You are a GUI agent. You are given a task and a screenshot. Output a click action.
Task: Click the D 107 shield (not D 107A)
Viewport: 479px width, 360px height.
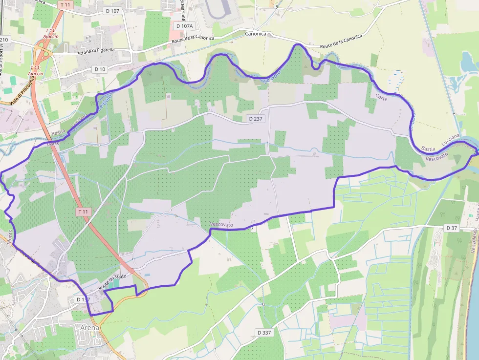pos(112,11)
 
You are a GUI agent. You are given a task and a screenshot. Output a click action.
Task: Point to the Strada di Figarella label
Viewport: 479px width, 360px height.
pos(96,50)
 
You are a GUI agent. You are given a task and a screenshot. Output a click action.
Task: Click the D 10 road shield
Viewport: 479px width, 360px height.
pos(100,69)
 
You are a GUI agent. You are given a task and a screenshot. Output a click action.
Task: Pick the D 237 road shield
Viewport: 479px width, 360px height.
pos(256,119)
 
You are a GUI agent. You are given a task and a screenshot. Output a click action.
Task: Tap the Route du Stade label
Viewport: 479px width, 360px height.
pos(112,282)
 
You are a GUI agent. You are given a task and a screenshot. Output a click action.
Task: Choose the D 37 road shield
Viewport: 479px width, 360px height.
pos(451,228)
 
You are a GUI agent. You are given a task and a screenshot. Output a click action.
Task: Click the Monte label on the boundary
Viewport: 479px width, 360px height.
pos(10,238)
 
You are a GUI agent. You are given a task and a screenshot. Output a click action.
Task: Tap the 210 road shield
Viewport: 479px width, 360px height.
pos(4,39)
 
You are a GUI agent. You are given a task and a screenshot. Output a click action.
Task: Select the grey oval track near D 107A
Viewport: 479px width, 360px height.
pos(218,11)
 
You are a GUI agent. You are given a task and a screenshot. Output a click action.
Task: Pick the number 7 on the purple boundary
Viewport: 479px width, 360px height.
pos(252,228)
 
